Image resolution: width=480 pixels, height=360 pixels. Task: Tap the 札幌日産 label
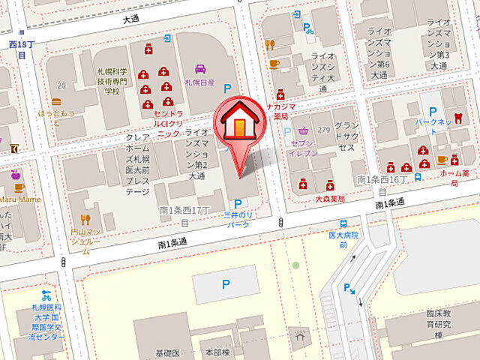point(200,82)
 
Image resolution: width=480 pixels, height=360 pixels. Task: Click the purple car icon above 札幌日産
point(200,69)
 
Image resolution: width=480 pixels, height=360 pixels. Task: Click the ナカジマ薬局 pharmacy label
point(281,111)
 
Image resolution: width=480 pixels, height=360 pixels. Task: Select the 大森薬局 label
point(329,199)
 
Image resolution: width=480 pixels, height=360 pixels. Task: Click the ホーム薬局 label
point(454,178)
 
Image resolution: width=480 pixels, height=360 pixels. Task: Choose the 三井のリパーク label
point(238,219)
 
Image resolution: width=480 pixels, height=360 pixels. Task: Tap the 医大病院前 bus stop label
point(343,239)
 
